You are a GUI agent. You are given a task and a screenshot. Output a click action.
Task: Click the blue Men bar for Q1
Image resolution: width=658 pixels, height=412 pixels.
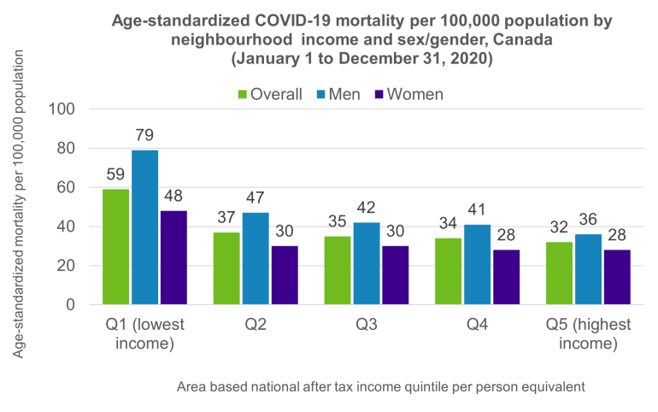coord(144,227)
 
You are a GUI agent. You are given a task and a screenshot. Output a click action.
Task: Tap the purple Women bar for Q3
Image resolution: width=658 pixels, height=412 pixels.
coord(396,275)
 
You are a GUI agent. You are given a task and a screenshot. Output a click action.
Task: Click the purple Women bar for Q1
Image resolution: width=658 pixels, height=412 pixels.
coord(173,257)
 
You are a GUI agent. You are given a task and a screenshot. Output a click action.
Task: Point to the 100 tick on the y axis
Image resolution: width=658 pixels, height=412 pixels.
coord(64,109)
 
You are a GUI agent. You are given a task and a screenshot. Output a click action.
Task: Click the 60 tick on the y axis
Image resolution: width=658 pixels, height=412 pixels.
coord(68,188)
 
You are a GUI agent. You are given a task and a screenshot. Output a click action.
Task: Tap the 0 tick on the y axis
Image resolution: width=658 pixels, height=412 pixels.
coord(72,305)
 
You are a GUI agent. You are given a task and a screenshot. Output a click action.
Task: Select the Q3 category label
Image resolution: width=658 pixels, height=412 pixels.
coord(367,325)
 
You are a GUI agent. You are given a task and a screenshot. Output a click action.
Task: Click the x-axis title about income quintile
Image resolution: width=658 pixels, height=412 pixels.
coord(381,386)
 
